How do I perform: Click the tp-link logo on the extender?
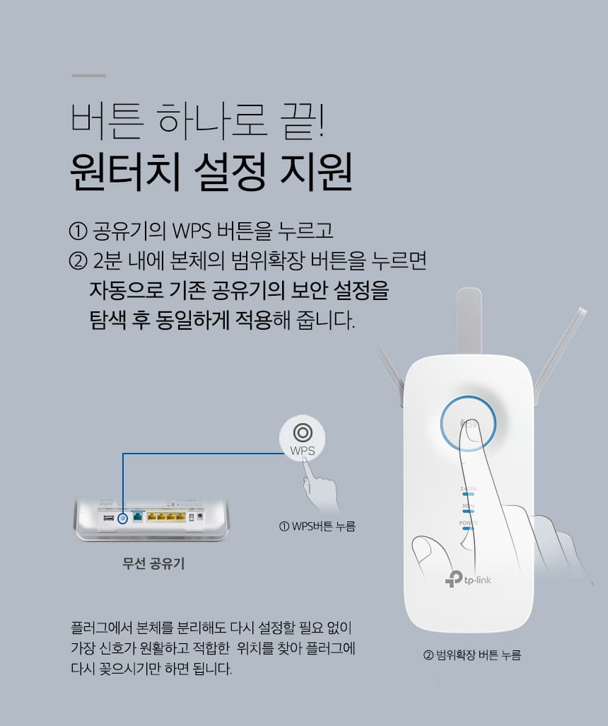(468, 580)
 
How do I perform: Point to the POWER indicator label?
(468, 523)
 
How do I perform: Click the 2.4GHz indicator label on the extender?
(468, 489)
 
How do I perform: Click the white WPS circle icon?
(302, 437)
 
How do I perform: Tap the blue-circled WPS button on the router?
(122, 518)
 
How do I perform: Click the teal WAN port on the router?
(137, 517)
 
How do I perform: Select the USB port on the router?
(108, 518)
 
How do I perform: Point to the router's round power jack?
(200, 516)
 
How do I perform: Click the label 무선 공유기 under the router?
(153, 563)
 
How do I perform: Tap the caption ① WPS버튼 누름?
(317, 526)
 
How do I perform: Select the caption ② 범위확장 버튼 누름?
(472, 655)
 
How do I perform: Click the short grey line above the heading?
(89, 76)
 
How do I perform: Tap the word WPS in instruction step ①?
(191, 231)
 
